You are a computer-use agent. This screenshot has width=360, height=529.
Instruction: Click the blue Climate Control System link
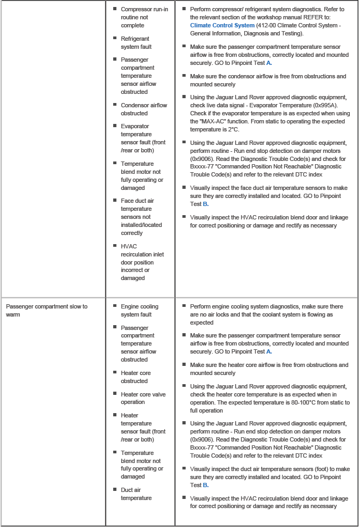222,25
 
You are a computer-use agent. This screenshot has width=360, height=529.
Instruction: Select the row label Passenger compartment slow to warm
46,310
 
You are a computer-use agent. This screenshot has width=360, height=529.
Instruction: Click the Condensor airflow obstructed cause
144,109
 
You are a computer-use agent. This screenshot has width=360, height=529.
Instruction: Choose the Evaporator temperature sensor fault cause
143,138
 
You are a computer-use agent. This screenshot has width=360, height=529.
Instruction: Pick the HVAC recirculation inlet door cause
142,262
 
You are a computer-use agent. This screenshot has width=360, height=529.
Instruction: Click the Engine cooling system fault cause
139,310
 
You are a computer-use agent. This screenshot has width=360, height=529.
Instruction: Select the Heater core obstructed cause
136,377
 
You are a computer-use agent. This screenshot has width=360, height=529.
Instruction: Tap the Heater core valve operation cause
143,398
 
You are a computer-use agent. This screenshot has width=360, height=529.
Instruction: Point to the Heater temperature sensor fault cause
143,427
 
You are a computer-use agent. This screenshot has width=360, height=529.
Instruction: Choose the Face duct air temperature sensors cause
141,217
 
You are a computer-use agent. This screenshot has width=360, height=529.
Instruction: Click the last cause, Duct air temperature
136,494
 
